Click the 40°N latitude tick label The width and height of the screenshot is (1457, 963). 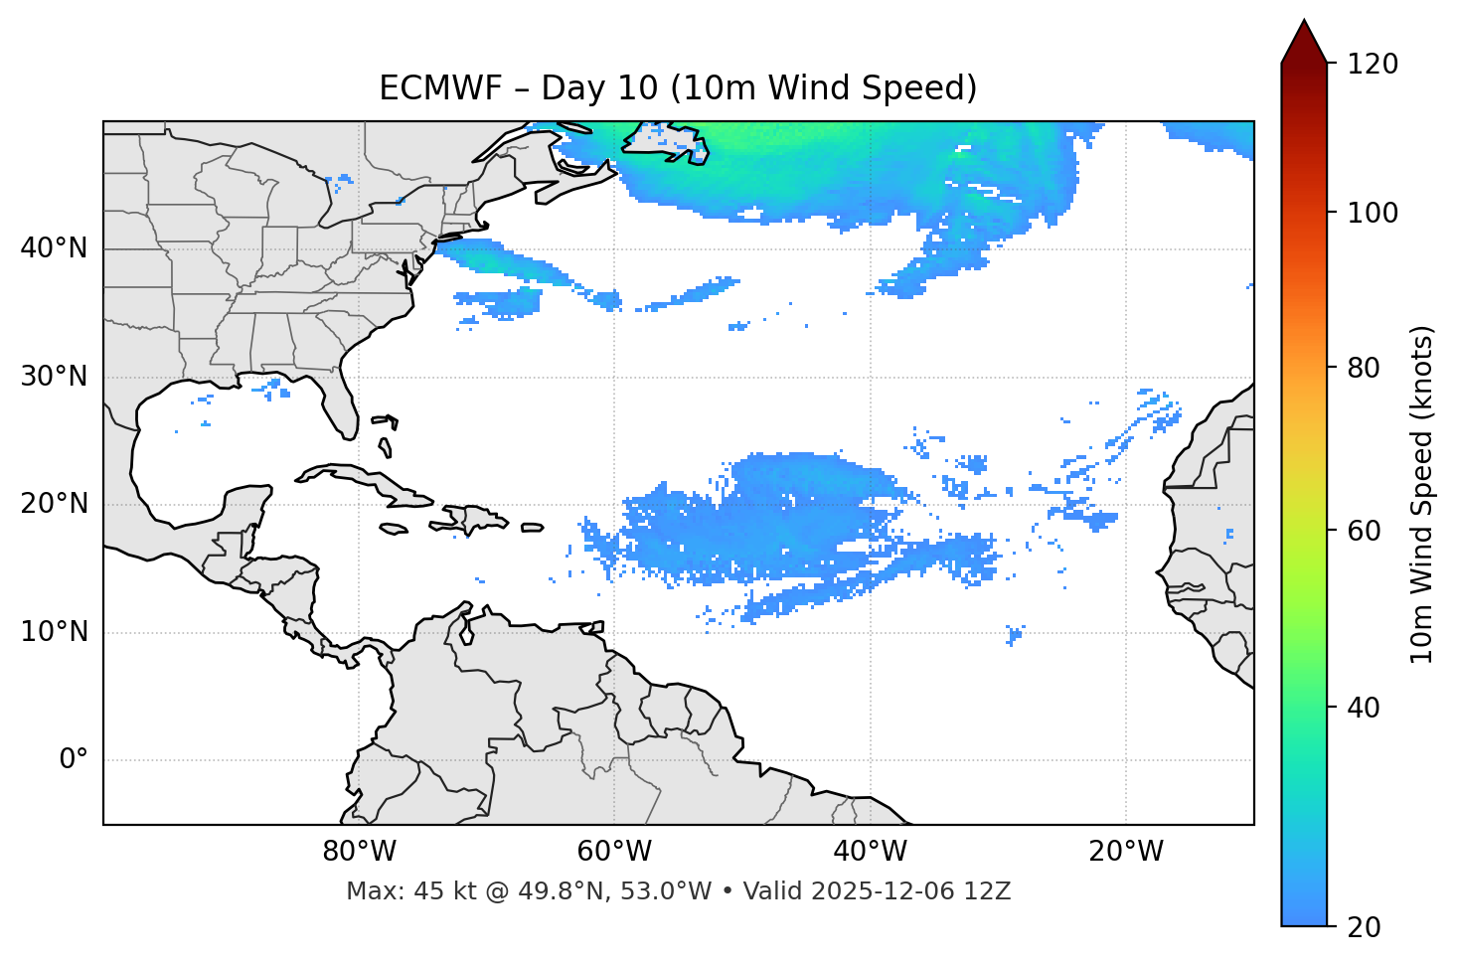54,248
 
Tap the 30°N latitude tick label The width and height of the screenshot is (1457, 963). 54,377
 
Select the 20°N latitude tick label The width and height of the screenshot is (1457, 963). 54,504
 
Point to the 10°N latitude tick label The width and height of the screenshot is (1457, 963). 54,632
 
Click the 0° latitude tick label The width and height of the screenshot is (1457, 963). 74,760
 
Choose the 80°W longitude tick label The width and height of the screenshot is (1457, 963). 359,852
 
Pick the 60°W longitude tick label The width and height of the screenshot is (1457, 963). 614,852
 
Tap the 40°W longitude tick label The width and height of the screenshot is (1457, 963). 870,852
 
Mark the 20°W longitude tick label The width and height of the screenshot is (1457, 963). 1126,852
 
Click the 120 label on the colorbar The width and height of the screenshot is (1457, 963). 1373,65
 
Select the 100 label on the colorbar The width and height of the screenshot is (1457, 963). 1373,213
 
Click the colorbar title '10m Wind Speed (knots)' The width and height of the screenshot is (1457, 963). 1422,494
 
